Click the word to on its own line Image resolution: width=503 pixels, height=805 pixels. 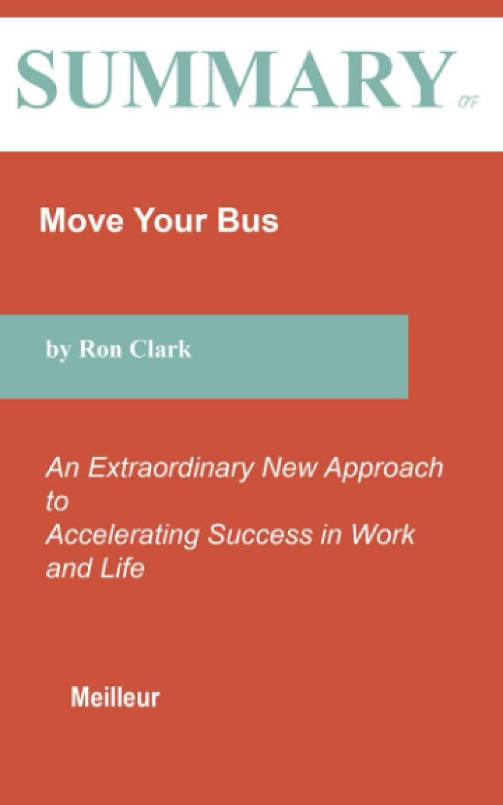(x=57, y=502)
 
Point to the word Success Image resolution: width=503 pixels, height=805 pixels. (x=260, y=534)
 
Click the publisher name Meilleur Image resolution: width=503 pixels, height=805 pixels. (x=115, y=698)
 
